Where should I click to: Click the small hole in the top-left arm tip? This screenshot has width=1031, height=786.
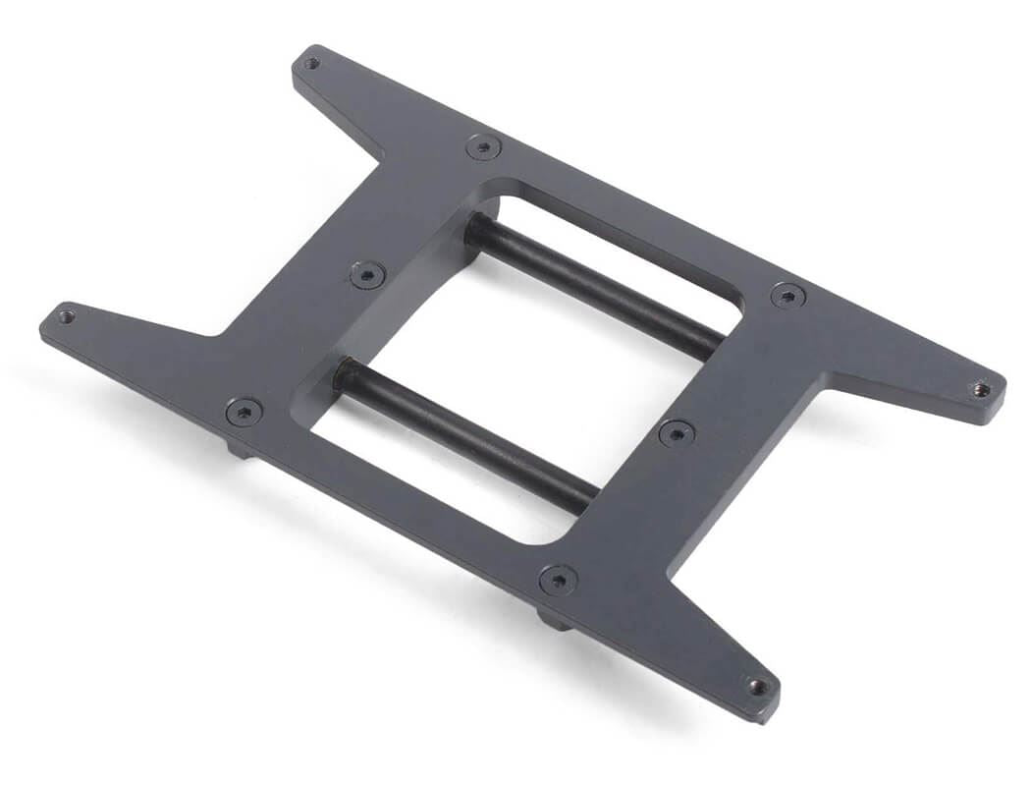(311, 64)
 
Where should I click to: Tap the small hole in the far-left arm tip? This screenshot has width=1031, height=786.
(66, 316)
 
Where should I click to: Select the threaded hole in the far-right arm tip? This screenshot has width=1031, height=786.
(980, 389)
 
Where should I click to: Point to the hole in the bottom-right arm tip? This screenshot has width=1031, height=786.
(757, 686)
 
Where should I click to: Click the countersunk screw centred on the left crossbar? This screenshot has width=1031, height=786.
(367, 274)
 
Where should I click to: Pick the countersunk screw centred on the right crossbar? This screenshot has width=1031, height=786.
(677, 432)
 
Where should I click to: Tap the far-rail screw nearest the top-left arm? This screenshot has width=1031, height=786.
(483, 147)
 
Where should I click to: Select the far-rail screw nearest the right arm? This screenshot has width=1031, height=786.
(787, 295)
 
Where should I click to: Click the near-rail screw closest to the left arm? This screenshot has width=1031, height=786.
(244, 412)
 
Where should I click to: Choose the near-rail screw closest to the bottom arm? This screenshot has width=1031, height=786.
(558, 580)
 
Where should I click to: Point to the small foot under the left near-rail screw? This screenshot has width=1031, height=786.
(239, 449)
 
